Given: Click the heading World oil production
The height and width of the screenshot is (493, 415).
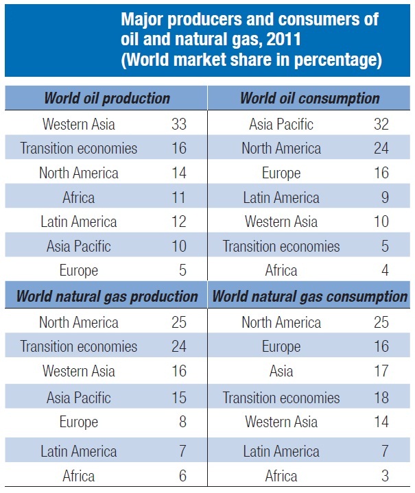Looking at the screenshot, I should coord(106,98).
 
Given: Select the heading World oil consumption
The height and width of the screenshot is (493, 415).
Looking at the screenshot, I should coord(309,98).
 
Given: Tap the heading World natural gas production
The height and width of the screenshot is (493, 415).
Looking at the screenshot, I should coord(106,297).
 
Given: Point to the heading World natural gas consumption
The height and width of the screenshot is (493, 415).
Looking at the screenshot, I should coord(309,297).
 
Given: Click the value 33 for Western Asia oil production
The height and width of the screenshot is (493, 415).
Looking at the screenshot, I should coord(178,124).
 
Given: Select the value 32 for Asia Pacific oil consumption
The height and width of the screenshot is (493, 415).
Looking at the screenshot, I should coord(381,124).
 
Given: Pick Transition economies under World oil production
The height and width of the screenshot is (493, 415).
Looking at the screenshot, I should coord(78,148).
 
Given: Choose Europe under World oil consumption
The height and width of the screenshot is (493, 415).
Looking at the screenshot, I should coord(281,173).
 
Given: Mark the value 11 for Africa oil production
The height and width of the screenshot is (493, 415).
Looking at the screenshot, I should coord(178,197).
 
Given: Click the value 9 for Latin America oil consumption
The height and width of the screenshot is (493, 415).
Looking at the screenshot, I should coord(385,197).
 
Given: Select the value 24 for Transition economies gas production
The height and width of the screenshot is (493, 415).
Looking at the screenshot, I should coord(178,346).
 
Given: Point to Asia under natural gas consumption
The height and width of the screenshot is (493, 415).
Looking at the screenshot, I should coord(281,372).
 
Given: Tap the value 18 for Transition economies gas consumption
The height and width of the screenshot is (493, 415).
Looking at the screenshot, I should coord(381,397).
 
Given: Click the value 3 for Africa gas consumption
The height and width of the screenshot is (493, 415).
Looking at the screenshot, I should coord(385,475).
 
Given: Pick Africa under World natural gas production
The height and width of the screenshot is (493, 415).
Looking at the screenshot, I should coord(78,475).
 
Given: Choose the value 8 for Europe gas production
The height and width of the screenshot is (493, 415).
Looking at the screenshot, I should coord(182,422).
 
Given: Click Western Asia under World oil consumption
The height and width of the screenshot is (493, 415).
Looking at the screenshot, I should coord(281,221).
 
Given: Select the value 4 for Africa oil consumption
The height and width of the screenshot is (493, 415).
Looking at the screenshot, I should coord(385,270).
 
